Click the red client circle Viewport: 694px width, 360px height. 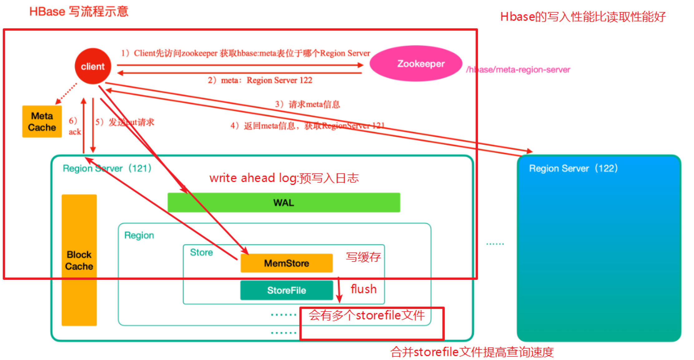(93, 66)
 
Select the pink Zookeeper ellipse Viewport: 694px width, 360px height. (416, 64)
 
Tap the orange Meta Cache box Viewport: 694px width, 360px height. (42, 121)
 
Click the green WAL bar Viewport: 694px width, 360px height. (283, 203)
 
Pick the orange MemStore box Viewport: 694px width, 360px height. (286, 263)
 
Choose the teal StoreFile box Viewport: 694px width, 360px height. (286, 290)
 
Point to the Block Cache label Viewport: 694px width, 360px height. (79, 260)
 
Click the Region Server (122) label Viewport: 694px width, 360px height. (573, 168)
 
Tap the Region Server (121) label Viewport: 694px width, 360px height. (107, 168)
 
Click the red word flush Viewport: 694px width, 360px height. (364, 289)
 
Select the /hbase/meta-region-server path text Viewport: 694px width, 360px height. (518, 70)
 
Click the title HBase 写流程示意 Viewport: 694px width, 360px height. (79, 12)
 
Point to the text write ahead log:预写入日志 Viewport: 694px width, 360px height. (284, 178)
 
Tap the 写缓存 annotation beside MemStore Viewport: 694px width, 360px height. (363, 257)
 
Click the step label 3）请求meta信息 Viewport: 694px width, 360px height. (307, 104)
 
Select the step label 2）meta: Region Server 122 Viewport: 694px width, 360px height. (260, 80)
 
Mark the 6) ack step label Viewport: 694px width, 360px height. (75, 126)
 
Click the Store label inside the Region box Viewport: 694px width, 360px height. (201, 252)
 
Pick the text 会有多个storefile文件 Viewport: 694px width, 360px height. (367, 315)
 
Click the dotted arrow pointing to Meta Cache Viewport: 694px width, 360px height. (66, 94)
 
